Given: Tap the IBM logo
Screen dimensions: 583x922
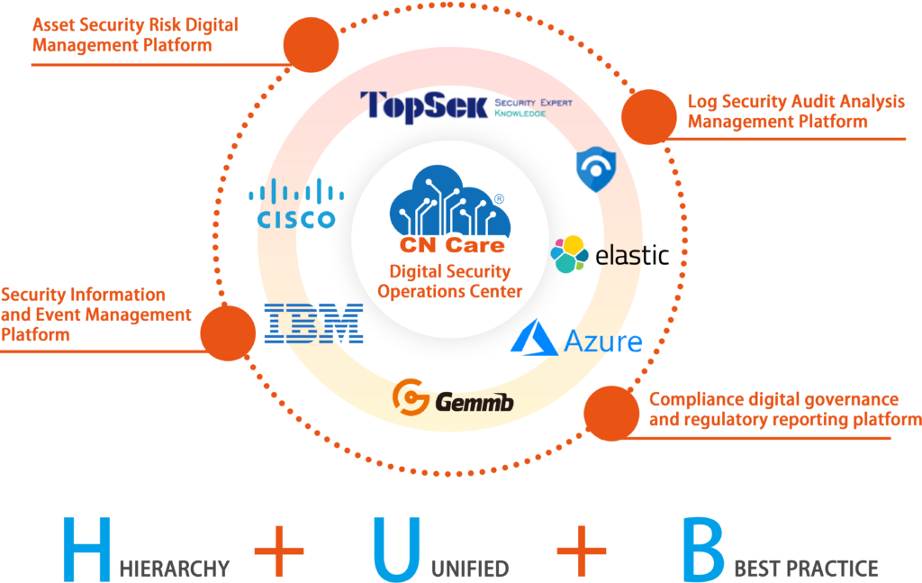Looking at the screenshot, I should click(314, 323).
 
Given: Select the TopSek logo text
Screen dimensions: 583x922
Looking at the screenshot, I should click(423, 106).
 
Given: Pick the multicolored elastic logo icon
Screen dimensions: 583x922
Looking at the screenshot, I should click(569, 255).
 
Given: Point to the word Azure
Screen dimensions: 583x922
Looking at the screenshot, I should click(602, 342).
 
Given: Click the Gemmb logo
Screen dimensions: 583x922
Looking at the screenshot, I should click(453, 397).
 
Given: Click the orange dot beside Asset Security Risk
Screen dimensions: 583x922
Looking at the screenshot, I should click(311, 42).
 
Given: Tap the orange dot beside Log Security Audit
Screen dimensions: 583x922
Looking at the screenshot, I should click(649, 117).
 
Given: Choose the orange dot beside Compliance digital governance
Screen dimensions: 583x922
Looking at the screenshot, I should click(612, 413).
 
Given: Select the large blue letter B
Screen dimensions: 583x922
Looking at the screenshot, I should click(702, 548).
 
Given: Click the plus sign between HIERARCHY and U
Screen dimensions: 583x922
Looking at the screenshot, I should click(279, 550).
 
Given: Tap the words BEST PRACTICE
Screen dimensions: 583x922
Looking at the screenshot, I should click(806, 569).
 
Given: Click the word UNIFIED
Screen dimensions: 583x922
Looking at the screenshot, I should click(467, 569).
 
